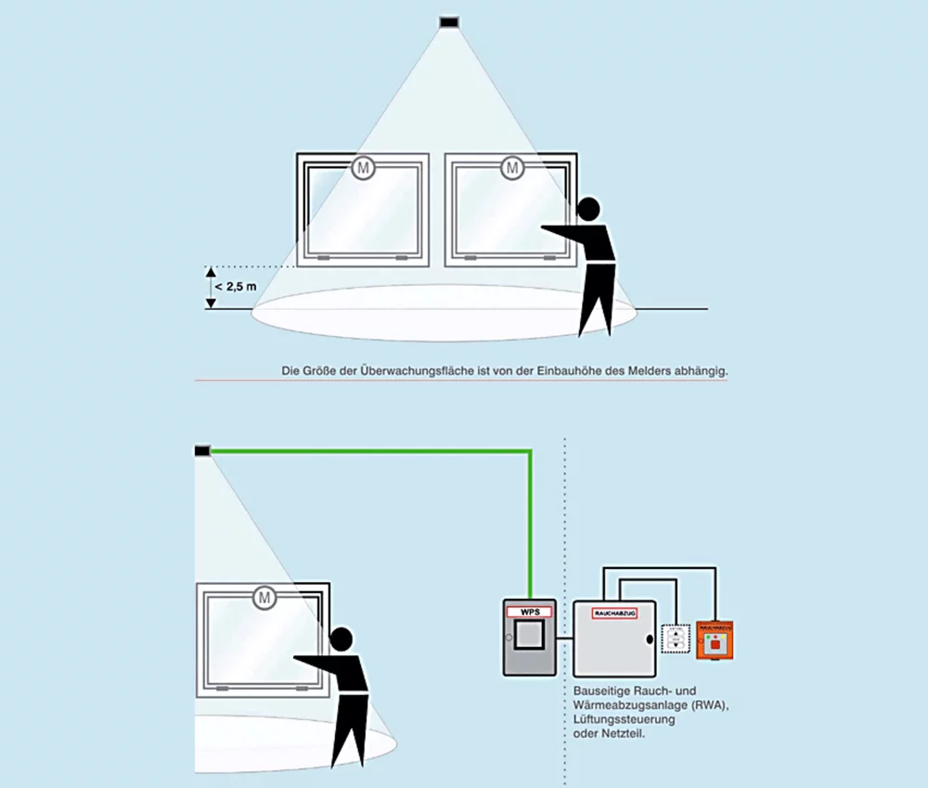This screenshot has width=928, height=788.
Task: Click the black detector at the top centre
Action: pyautogui.click(x=450, y=21)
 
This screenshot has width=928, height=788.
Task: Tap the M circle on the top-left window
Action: pyautogui.click(x=363, y=168)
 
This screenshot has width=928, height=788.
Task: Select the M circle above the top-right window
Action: pyautogui.click(x=511, y=168)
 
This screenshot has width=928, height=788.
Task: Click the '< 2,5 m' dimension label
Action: pyautogui.click(x=236, y=287)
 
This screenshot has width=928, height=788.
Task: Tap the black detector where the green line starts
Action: pyautogui.click(x=202, y=450)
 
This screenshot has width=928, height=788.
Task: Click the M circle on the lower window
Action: pyautogui.click(x=264, y=598)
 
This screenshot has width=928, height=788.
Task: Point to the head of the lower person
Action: pyautogui.click(x=342, y=639)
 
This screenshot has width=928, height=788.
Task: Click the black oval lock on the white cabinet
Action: pyautogui.click(x=651, y=639)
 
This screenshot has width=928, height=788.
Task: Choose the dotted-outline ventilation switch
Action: pyautogui.click(x=675, y=639)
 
